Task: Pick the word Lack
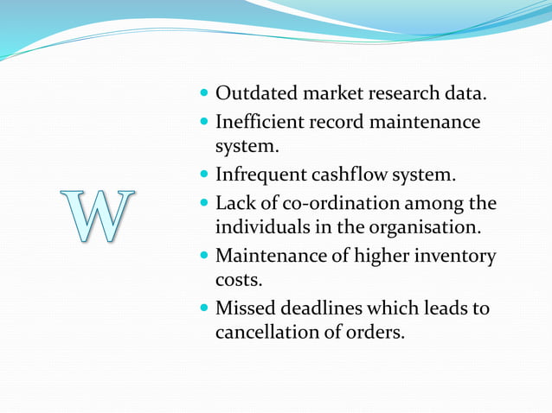coord(234,205)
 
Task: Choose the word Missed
coord(244,308)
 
